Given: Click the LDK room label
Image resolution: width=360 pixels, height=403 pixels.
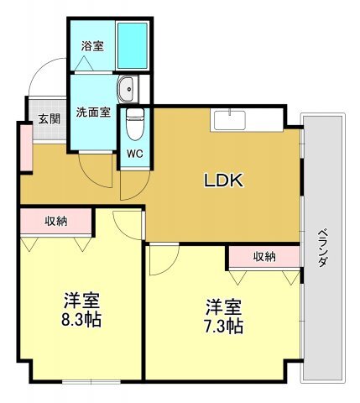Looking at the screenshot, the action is tap(223, 181).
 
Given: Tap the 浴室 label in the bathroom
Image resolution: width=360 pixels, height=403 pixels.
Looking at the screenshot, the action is tap(92, 46).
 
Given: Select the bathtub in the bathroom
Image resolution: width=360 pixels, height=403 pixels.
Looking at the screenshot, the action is tap(133, 45).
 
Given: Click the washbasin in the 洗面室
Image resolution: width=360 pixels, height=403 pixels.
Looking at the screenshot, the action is tap(127, 89).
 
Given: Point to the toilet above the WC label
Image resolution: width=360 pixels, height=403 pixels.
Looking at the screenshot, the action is tap(135, 124).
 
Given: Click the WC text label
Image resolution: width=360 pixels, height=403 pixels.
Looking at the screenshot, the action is tap(135, 154).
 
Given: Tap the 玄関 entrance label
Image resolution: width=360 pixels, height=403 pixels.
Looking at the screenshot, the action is tap(50, 119).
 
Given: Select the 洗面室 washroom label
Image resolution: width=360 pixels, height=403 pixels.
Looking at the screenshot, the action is tap(93, 113).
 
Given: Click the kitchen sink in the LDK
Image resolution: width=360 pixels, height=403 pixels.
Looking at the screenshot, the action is tap(230, 120).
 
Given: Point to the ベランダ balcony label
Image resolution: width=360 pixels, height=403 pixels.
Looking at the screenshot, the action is tap(323, 248).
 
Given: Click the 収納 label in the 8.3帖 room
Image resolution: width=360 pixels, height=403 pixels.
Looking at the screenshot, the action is tap(56, 221).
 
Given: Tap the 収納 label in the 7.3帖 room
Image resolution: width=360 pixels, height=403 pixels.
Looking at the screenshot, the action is tap(264, 256).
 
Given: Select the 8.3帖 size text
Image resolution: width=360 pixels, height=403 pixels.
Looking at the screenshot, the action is tap(81, 320).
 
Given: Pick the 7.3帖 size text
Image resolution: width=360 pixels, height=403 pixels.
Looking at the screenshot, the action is tap(223, 327).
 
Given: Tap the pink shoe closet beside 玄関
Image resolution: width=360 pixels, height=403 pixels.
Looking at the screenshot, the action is tap(27, 148).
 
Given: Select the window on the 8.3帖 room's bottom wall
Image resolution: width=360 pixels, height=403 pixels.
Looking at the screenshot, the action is tap(91, 381).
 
